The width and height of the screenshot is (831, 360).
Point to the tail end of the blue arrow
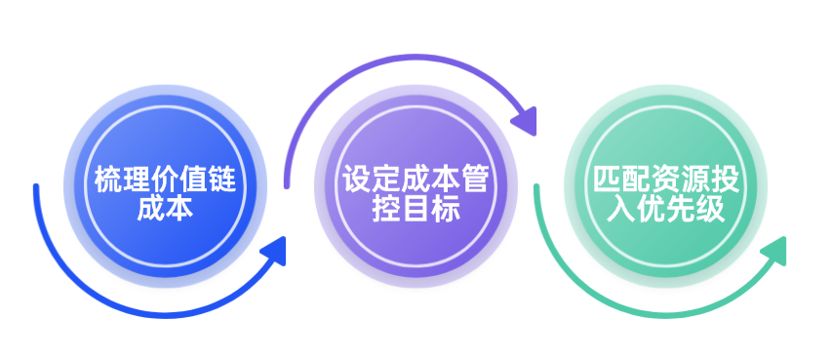36,186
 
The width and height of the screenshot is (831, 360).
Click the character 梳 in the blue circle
106,180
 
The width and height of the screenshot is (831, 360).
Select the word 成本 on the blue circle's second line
165,209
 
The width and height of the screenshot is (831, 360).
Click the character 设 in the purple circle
356,180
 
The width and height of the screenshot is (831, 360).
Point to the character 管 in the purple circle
473,180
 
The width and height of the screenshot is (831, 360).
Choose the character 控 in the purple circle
386,209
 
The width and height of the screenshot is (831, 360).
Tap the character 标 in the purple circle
445,209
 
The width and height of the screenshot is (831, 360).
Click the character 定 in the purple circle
385,180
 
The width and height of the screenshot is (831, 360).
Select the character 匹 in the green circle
607,180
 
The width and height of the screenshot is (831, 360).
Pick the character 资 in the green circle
665,180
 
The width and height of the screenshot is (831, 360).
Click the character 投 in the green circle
724,180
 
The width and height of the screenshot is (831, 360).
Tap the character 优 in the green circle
651,209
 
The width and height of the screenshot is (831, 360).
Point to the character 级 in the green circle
709,209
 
